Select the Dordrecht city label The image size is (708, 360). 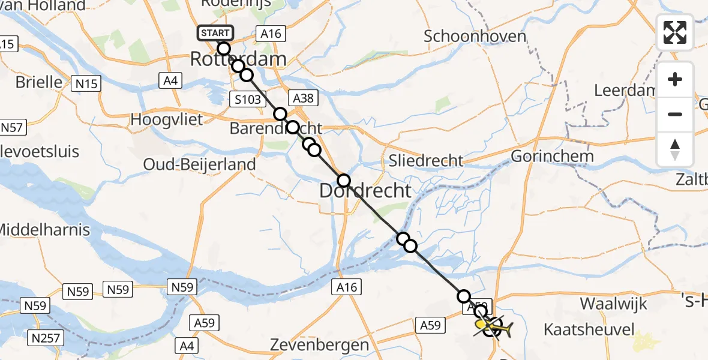pos(365,191)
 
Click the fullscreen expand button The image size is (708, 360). pos(675,32)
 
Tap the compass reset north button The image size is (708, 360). pos(675,149)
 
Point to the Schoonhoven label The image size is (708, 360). pos(475,36)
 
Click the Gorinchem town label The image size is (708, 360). pos(552,157)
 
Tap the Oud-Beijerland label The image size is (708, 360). pos(199,164)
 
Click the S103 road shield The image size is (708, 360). pos(248,100)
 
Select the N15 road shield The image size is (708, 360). pos(86,84)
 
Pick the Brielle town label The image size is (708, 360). pos(39,82)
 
